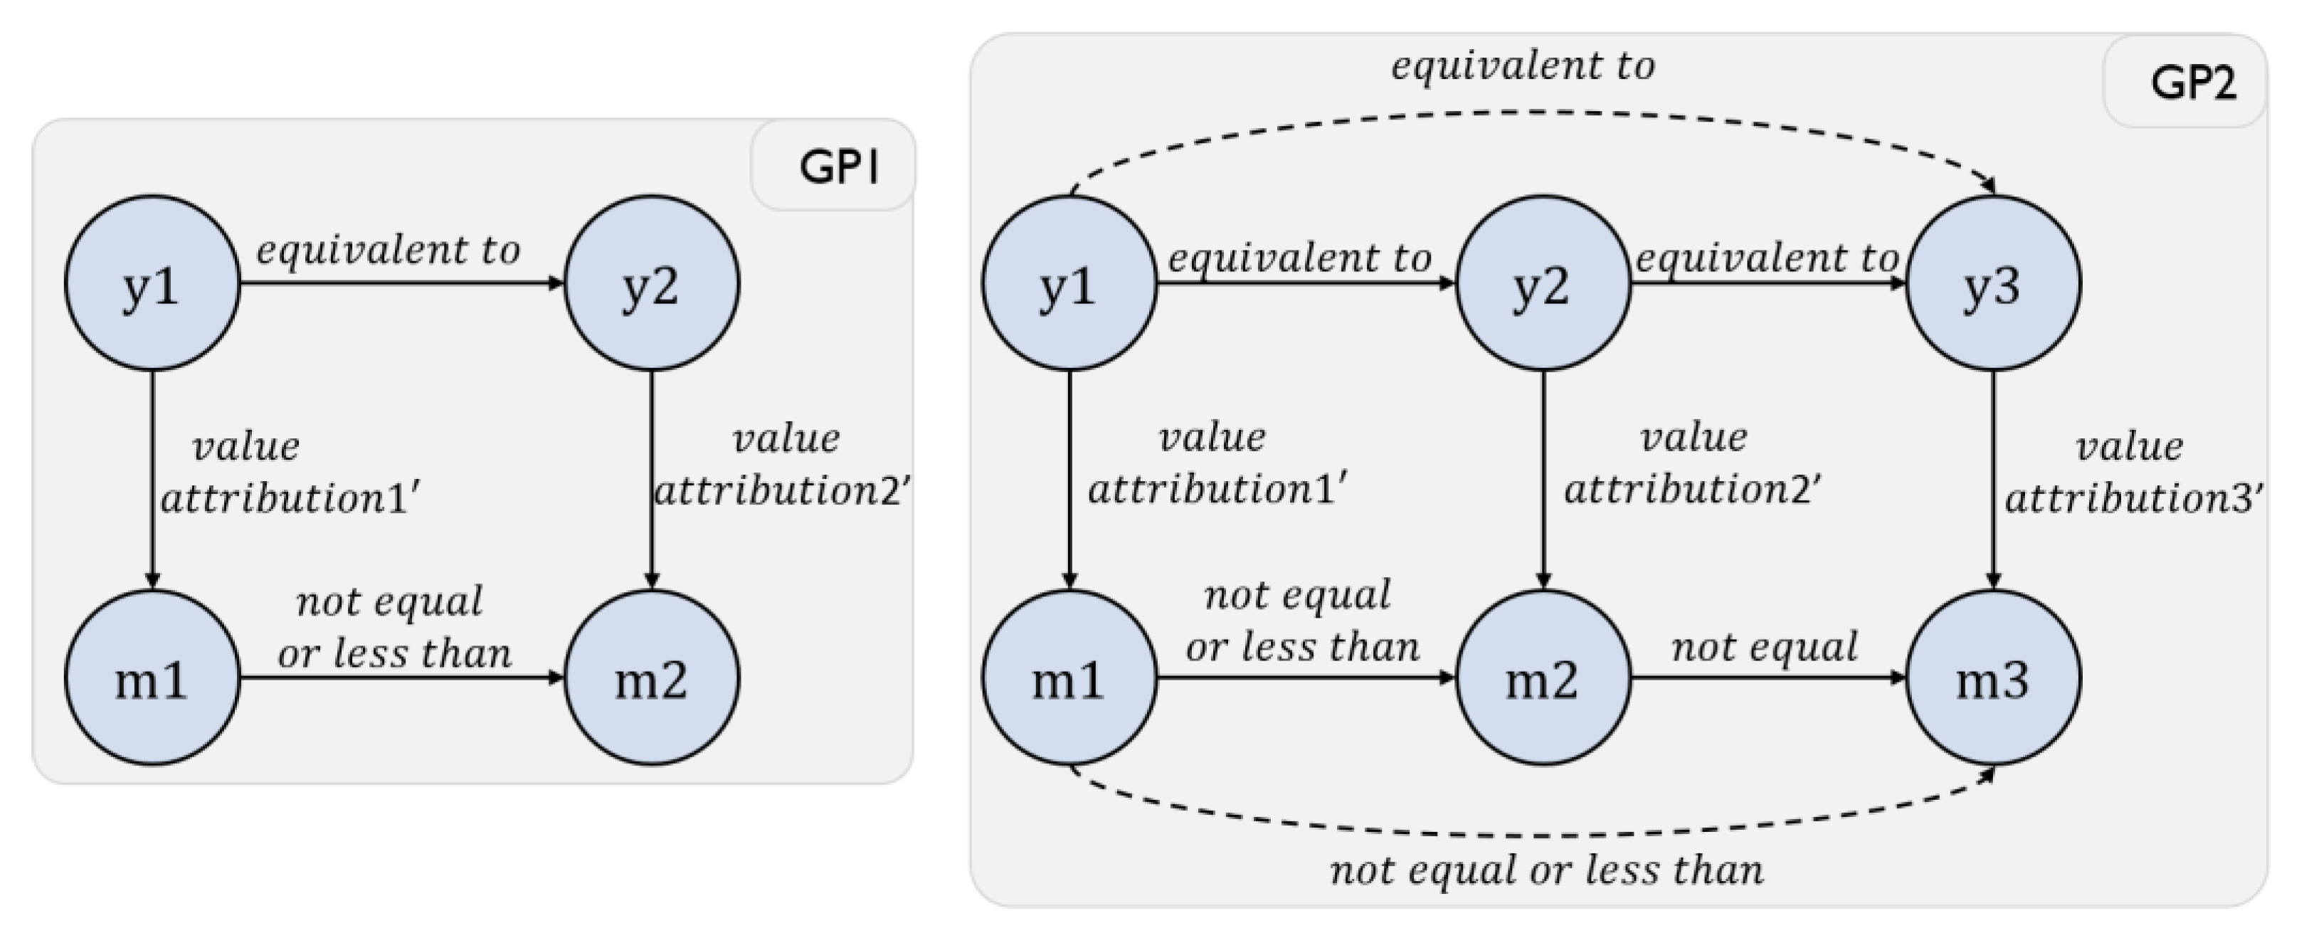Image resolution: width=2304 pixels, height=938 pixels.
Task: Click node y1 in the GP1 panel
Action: (x=152, y=283)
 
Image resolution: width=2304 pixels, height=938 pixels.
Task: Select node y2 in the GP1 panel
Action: (x=651, y=283)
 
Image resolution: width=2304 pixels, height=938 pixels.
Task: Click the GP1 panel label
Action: (x=838, y=167)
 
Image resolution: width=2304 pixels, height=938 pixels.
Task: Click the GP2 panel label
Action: (x=2192, y=83)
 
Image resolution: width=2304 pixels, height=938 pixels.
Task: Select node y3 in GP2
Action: (x=1993, y=283)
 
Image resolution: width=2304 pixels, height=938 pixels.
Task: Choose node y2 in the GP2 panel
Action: (x=1543, y=283)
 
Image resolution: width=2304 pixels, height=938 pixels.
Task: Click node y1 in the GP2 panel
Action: (x=1069, y=283)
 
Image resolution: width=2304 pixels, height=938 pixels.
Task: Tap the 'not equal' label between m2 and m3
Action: (x=1765, y=646)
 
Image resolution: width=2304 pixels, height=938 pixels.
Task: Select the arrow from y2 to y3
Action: (x=1767, y=283)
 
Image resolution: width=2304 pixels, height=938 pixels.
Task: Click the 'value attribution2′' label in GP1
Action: (x=783, y=465)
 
